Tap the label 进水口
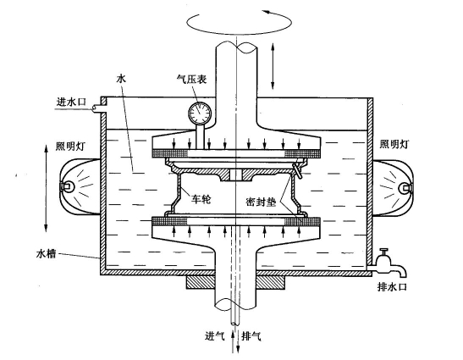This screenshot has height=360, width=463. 71,102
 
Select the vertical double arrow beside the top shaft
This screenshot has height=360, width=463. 273,65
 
